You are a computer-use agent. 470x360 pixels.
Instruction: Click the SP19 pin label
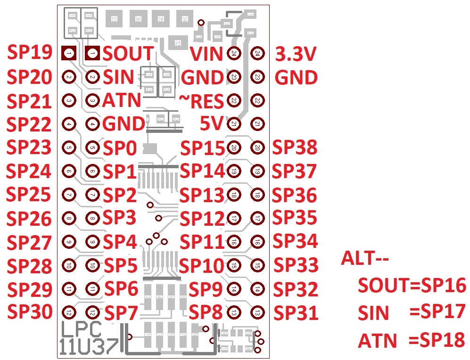click(29, 53)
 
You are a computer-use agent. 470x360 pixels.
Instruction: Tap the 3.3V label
click(296, 55)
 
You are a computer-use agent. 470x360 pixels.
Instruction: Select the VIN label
click(206, 54)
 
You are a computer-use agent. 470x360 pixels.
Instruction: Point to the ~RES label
click(201, 100)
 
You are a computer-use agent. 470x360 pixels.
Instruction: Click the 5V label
click(211, 124)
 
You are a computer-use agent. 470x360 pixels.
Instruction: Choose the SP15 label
click(203, 148)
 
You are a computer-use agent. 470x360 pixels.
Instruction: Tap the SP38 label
click(295, 148)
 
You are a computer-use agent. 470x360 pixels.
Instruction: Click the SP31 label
click(296, 312)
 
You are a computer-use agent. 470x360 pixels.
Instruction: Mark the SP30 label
click(29, 311)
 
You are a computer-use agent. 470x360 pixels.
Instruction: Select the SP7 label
click(121, 312)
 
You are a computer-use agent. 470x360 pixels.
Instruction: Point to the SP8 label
click(206, 312)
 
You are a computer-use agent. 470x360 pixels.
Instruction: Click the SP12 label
click(203, 219)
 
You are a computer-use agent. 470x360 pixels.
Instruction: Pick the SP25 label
click(29, 194)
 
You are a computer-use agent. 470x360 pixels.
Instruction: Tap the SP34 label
click(296, 241)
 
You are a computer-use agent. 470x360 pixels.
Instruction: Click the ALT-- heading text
click(365, 259)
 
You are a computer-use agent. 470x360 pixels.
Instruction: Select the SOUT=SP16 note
click(412, 285)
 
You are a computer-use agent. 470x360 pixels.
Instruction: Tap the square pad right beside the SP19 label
click(69, 53)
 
